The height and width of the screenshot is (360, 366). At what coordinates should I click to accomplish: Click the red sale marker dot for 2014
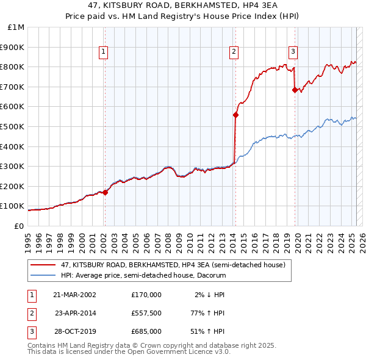(235, 115)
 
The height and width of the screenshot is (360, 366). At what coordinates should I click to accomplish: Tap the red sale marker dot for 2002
(105, 192)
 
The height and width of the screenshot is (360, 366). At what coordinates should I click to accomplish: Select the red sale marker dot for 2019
(295, 90)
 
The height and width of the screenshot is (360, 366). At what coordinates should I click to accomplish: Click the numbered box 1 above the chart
(104, 52)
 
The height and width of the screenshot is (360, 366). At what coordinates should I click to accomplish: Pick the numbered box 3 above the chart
(293, 52)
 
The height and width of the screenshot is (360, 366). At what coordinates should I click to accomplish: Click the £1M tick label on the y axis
(16, 27)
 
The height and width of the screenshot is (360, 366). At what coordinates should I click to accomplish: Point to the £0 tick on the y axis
(19, 226)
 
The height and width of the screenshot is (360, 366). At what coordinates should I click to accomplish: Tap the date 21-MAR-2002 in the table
(74, 295)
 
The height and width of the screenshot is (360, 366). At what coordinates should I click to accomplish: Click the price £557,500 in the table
(146, 313)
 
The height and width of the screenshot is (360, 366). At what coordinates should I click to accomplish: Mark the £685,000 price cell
(146, 331)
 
